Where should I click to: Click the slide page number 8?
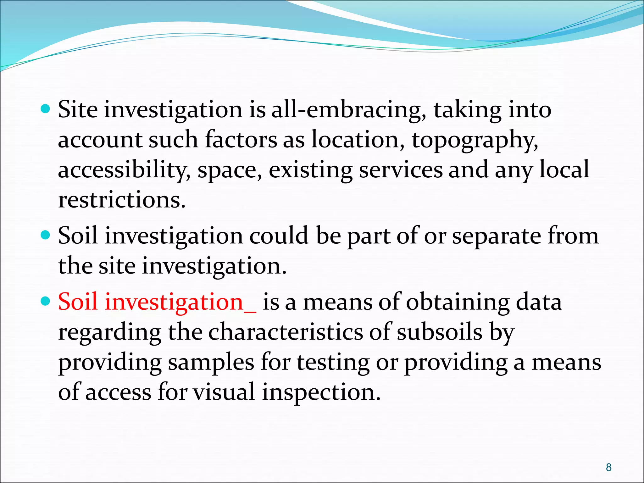click(609, 467)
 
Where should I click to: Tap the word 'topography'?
click(475, 140)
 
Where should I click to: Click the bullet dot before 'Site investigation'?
click(46, 109)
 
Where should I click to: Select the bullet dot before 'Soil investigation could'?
click(46, 235)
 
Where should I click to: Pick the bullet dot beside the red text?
click(46, 301)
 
